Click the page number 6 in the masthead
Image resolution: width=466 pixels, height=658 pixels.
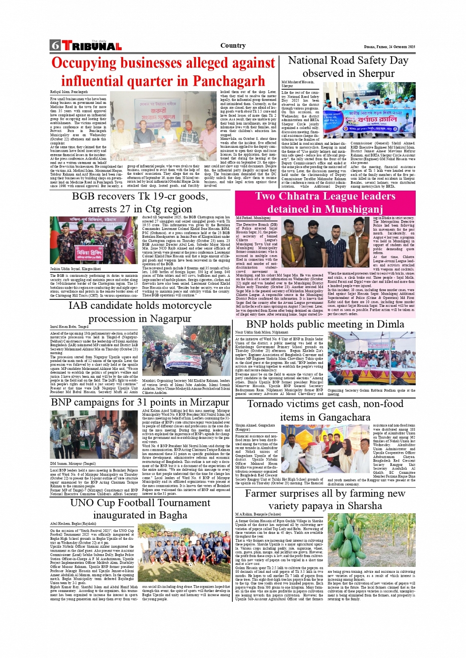click(x=55, y=46)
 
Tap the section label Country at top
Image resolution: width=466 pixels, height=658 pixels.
click(x=233, y=46)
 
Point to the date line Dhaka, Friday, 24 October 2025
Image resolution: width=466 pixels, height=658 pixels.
click(x=389, y=47)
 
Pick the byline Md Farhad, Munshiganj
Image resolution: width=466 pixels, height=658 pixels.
click(x=253, y=218)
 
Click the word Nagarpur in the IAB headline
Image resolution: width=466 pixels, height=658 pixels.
click(x=165, y=318)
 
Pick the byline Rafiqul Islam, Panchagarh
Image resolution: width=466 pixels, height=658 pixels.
click(x=69, y=92)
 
